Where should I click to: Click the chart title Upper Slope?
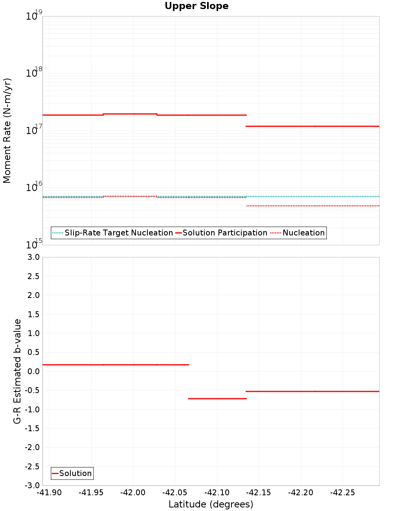click(196, 6)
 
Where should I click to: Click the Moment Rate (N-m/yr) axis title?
click(7, 131)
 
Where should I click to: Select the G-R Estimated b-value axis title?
click(17, 371)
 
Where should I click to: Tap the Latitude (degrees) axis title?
click(211, 504)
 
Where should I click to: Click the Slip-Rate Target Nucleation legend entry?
click(118, 233)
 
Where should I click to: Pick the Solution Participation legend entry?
click(225, 233)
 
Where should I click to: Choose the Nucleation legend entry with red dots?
click(303, 233)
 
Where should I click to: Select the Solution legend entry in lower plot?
click(75, 473)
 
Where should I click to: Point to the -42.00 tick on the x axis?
click(133, 493)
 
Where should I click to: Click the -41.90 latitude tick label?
click(49, 493)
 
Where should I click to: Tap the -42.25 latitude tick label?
click(342, 493)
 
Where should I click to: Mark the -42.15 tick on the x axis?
click(259, 493)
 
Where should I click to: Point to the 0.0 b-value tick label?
click(34, 371)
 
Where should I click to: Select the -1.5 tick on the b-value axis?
click(32, 428)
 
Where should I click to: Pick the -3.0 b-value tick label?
click(32, 485)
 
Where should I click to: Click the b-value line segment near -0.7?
click(217, 399)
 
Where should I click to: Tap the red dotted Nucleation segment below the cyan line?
click(312, 206)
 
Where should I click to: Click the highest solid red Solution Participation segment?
click(130, 114)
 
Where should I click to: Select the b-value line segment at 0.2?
click(116, 365)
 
